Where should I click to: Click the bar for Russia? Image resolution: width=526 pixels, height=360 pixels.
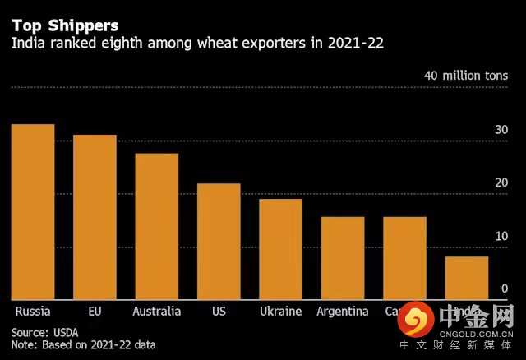coord(33,212)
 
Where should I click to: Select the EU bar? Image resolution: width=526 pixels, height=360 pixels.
coord(95,217)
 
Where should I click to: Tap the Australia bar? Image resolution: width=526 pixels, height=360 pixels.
coord(156,227)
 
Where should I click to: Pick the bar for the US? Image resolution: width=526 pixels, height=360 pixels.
coord(219,242)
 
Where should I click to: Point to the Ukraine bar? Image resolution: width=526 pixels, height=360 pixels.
coord(281,249)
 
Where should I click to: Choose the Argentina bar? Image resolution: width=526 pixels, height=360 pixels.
coord(343,258)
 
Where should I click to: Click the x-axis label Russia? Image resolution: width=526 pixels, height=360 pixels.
coord(33,312)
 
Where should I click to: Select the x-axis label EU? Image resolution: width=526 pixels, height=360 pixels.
coord(95,312)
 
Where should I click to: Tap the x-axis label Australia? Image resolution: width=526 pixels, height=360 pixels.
coord(156,312)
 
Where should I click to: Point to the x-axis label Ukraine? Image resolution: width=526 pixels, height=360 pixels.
coord(281,312)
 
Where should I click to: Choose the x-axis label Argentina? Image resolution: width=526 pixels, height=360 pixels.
coord(343,312)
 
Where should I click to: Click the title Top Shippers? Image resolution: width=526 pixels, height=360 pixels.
coord(65,26)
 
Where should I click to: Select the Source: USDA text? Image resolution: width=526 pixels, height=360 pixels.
coord(44,331)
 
